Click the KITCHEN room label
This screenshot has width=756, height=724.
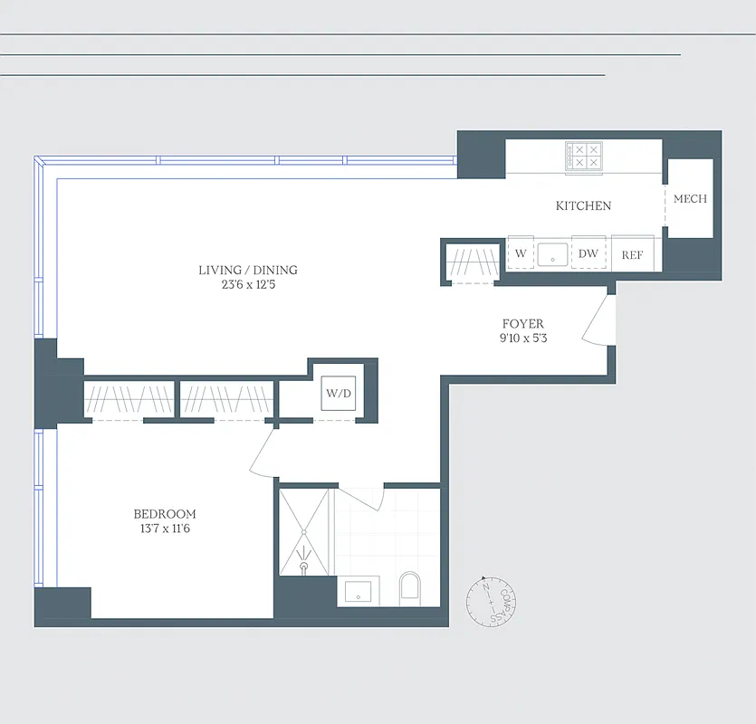[x=583, y=206]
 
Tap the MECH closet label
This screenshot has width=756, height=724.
[x=690, y=199]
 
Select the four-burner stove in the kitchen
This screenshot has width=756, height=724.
[x=583, y=157]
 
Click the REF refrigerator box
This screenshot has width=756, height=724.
[x=632, y=254]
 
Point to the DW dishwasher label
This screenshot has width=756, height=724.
[x=589, y=254]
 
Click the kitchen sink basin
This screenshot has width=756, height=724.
[x=551, y=254]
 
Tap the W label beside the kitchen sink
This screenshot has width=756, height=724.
[x=521, y=254]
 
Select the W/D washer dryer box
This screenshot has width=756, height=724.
[x=338, y=394]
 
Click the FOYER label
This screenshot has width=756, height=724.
[x=523, y=324]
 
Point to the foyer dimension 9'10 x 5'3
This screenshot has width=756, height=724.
[x=523, y=339]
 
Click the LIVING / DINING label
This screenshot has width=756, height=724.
[x=248, y=270]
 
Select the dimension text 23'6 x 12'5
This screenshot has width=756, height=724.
[x=248, y=285]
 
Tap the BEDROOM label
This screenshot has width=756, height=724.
[x=165, y=514]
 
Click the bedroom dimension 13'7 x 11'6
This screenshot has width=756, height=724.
[x=165, y=529]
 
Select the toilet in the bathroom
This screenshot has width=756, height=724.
[x=411, y=588]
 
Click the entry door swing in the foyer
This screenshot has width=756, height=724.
[x=598, y=321]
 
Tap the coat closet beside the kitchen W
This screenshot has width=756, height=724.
[x=472, y=262]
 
